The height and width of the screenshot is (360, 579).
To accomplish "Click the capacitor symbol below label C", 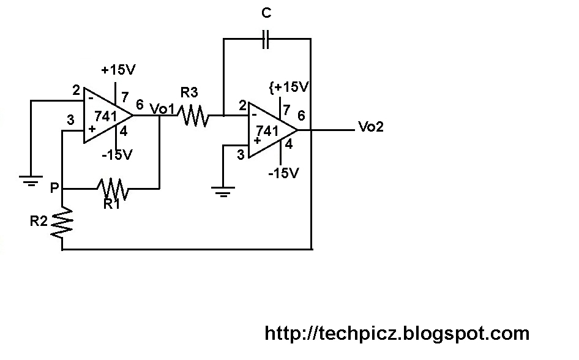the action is [266, 39].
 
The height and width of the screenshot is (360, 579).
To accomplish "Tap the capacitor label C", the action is [266, 13].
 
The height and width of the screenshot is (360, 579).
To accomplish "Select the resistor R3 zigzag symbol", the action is [193, 116].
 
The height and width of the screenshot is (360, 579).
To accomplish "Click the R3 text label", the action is [189, 92].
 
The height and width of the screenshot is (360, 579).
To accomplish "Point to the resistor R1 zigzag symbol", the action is [113, 189].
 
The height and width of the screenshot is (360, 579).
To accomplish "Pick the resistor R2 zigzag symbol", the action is [62, 222].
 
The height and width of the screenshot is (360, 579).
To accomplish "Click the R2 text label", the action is [39, 221].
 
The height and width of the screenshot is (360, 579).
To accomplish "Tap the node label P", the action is [54, 188].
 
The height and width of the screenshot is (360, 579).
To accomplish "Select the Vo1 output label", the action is [162, 108].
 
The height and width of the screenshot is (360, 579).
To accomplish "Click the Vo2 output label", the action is [371, 127].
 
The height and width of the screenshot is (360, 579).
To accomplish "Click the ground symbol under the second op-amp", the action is [223, 192].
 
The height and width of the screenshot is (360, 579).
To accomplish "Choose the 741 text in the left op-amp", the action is [106, 116].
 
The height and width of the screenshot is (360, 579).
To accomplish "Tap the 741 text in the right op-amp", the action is [267, 130].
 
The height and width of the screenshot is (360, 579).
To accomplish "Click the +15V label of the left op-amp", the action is [118, 69].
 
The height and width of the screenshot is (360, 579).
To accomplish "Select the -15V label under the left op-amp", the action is [117, 155].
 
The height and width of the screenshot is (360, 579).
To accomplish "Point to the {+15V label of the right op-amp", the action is [289, 87].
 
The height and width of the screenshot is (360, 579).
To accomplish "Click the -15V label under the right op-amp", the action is [283, 173].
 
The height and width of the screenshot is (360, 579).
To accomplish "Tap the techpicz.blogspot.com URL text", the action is [397, 334].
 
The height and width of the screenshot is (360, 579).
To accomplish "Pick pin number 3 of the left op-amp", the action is [70, 119].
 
